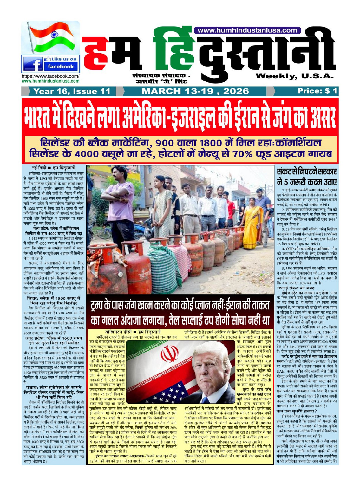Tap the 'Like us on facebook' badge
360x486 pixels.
pos(51,63)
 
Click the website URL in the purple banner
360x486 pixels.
pos(247,30)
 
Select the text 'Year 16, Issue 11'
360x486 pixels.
pos(72,91)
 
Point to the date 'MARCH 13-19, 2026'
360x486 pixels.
pos(195,91)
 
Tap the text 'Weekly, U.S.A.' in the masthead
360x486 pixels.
pos(295,76)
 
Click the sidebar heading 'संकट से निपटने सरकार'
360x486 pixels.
pos(306,172)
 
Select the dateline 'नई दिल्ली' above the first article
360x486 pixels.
pos(39,167)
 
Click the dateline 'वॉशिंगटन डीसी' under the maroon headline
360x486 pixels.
pos(118,332)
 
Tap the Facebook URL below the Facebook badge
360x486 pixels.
pos(50,76)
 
